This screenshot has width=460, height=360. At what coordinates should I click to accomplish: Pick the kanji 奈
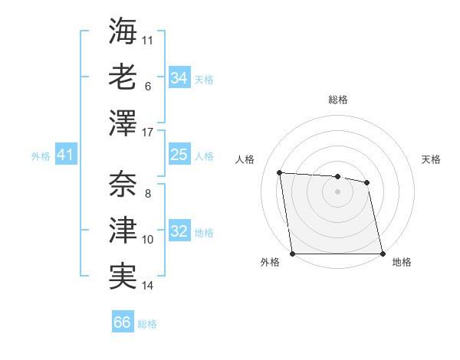click(x=123, y=184)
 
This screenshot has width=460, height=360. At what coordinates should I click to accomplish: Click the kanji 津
click(x=123, y=230)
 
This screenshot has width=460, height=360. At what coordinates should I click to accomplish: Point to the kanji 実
click(x=123, y=276)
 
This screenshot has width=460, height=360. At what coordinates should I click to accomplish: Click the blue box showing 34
click(x=179, y=77)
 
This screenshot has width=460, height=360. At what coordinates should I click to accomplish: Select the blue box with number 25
click(x=179, y=155)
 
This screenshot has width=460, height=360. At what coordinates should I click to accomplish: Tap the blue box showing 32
click(x=179, y=232)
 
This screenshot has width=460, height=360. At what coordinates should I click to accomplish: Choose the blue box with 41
click(x=65, y=155)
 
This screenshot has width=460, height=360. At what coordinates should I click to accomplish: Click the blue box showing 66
click(x=123, y=322)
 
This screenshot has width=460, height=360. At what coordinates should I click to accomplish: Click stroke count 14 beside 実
click(x=148, y=286)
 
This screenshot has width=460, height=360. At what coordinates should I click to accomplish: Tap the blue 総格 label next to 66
click(x=148, y=324)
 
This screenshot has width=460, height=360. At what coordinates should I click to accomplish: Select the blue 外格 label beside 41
click(x=41, y=156)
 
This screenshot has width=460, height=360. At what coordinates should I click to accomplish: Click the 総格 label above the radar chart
click(x=337, y=100)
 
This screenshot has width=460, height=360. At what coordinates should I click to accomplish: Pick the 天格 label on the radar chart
click(x=431, y=159)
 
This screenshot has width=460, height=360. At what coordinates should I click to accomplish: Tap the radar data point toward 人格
click(x=280, y=172)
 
